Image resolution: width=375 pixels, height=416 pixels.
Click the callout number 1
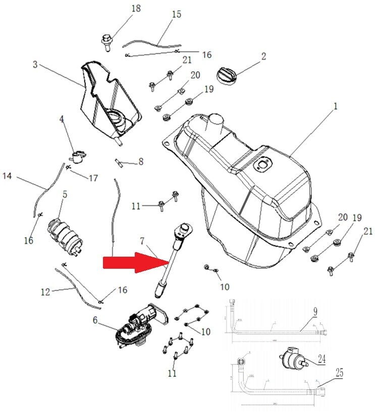click(x=335, y=106)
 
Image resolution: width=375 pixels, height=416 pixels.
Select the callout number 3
click(x=35, y=65)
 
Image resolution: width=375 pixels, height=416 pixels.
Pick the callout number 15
click(x=176, y=14)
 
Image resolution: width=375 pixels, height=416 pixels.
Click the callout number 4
click(x=62, y=120)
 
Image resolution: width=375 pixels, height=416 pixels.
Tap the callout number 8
click(x=140, y=162)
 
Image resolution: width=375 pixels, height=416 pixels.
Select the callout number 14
click(x=7, y=176)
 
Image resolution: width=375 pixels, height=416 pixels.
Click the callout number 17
click(x=93, y=178)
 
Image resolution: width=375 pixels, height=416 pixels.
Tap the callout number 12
click(x=45, y=291)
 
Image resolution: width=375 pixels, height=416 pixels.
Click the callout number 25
click(x=340, y=374)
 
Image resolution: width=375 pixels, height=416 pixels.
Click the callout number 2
click(x=263, y=57)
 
